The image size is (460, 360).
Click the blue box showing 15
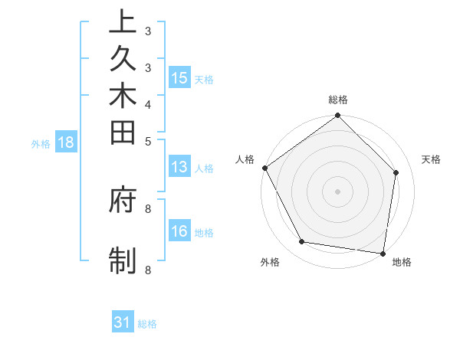[x=179, y=77]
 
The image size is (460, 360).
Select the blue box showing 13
[x=179, y=167]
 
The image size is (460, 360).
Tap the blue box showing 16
[x=179, y=231]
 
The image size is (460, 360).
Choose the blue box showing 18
[x=66, y=142]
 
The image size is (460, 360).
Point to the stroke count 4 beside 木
[x=148, y=104]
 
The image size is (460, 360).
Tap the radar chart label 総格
[x=338, y=100]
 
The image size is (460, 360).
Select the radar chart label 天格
[x=431, y=159]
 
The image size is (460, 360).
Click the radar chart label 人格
[x=245, y=159]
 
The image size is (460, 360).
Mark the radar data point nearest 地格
[x=383, y=253]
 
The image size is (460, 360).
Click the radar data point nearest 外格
[x=302, y=242]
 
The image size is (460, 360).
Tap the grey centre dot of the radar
[x=338, y=191]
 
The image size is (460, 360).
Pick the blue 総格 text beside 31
[x=147, y=324]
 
